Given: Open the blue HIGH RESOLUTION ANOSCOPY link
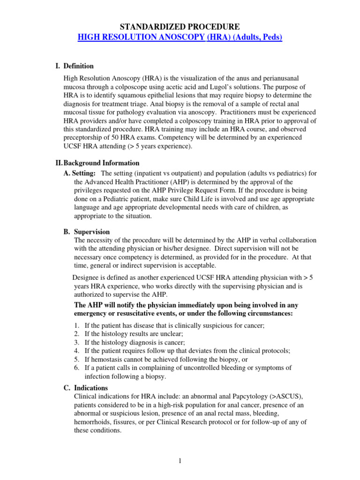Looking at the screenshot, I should click(180, 37).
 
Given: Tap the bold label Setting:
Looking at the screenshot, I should click(84, 173).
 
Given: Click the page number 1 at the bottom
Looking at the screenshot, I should click(180, 461).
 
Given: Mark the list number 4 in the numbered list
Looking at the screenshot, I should click(77, 350).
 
